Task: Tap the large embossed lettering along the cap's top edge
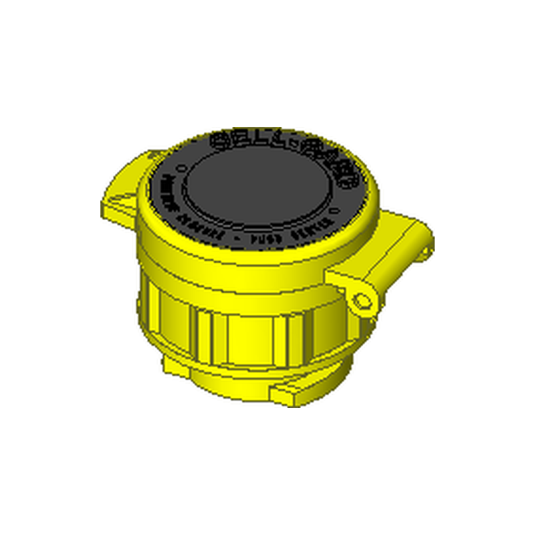pyautogui.click(x=281, y=142)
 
